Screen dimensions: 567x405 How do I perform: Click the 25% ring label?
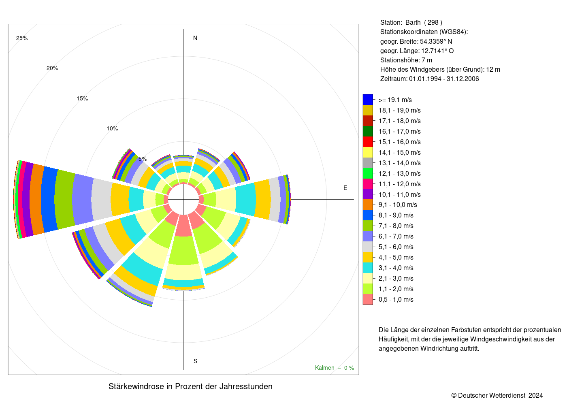pyautogui.click(x=22, y=38)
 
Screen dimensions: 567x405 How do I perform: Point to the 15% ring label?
pyautogui.click(x=82, y=98)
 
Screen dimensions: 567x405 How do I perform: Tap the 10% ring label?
pyautogui.click(x=112, y=129)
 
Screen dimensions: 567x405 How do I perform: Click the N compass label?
pyautogui.click(x=195, y=38)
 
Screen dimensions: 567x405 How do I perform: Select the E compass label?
pyautogui.click(x=345, y=188)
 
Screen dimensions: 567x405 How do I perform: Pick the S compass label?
pyautogui.click(x=195, y=361)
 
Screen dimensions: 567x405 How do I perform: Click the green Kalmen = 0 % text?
pyautogui.click(x=335, y=368)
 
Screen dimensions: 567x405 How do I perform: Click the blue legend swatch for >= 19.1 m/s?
pyautogui.click(x=368, y=100)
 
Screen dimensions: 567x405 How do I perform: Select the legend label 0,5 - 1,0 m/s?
pyautogui.click(x=396, y=299)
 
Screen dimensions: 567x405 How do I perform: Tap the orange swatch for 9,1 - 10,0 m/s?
pyautogui.click(x=368, y=205)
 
